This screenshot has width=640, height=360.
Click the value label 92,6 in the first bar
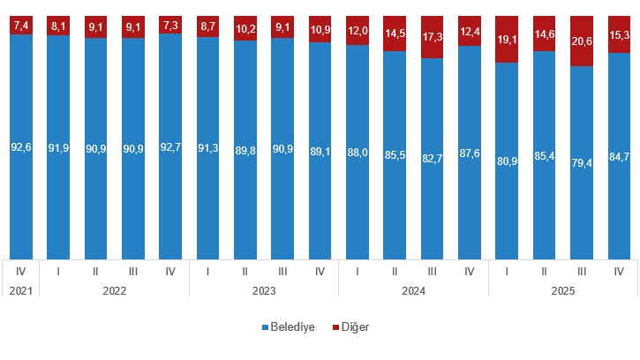click(20, 147)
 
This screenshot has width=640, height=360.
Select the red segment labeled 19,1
click(507, 40)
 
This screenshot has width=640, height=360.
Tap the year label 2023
click(263, 289)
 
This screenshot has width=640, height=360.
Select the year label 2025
click(562, 289)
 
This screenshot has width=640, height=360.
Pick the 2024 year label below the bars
click(413, 289)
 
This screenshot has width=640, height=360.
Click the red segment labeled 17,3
click(432, 37)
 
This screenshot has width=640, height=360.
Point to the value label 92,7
click(170, 147)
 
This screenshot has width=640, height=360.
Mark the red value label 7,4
click(20, 26)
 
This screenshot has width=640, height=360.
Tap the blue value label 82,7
click(432, 160)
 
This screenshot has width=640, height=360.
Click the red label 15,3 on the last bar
click(619, 35)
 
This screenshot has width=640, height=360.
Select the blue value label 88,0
click(357, 153)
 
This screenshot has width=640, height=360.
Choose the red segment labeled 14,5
click(395, 34)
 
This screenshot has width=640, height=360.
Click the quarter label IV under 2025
click(619, 270)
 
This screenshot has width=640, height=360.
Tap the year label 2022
click(114, 289)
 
